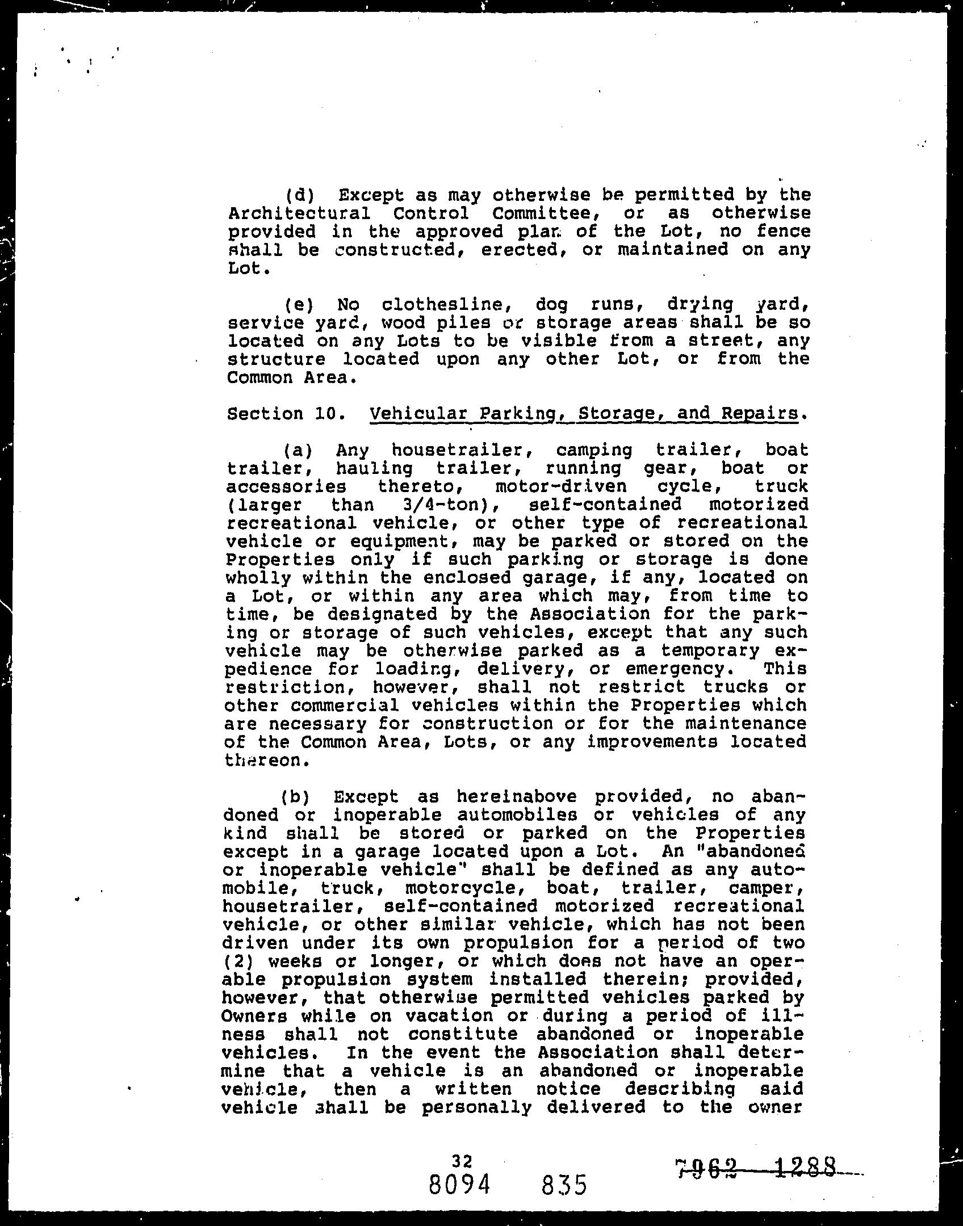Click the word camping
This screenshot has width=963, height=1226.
(593, 450)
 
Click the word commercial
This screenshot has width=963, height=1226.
(342, 706)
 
